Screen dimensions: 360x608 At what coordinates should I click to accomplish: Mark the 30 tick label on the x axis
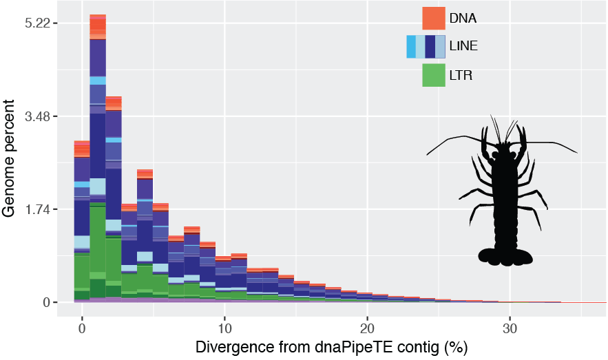point(510,321)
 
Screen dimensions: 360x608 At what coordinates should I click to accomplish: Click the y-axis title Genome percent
point(10,158)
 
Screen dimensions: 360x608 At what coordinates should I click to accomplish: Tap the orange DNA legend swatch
point(433,18)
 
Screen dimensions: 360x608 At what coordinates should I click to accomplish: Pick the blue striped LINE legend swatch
point(426,47)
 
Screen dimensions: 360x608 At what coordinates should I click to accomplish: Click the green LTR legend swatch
point(433,75)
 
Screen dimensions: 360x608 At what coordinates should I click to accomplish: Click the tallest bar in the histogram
point(98,158)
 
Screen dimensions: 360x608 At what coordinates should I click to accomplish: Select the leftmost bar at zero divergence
point(82,220)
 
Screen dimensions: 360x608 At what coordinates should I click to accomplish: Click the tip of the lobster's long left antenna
point(428,154)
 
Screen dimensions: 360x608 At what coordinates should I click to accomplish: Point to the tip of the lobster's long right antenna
point(577,153)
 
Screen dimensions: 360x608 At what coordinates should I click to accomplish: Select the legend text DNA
point(463,18)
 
